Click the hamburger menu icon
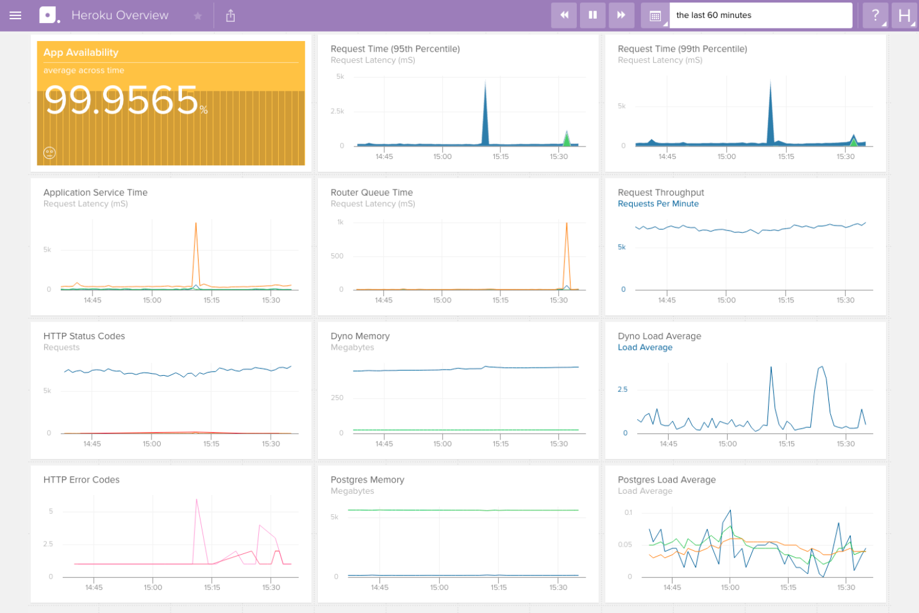click(x=16, y=16)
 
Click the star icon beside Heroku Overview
click(x=197, y=16)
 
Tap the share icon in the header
click(x=230, y=16)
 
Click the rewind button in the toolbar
click(x=564, y=16)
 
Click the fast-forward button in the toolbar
click(x=621, y=16)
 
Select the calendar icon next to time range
click(x=655, y=16)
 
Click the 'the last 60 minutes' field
click(x=760, y=16)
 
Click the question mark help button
click(x=875, y=16)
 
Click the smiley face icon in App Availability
click(x=50, y=153)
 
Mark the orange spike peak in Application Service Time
click(x=196, y=224)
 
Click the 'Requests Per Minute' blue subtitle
click(x=658, y=204)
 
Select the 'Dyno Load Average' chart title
click(x=659, y=336)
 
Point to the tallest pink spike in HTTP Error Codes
click(x=197, y=499)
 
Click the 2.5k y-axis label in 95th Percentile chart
click(x=337, y=111)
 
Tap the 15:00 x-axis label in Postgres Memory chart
click(x=439, y=588)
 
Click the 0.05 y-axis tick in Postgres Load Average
click(x=625, y=545)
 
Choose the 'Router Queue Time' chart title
click(x=371, y=193)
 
